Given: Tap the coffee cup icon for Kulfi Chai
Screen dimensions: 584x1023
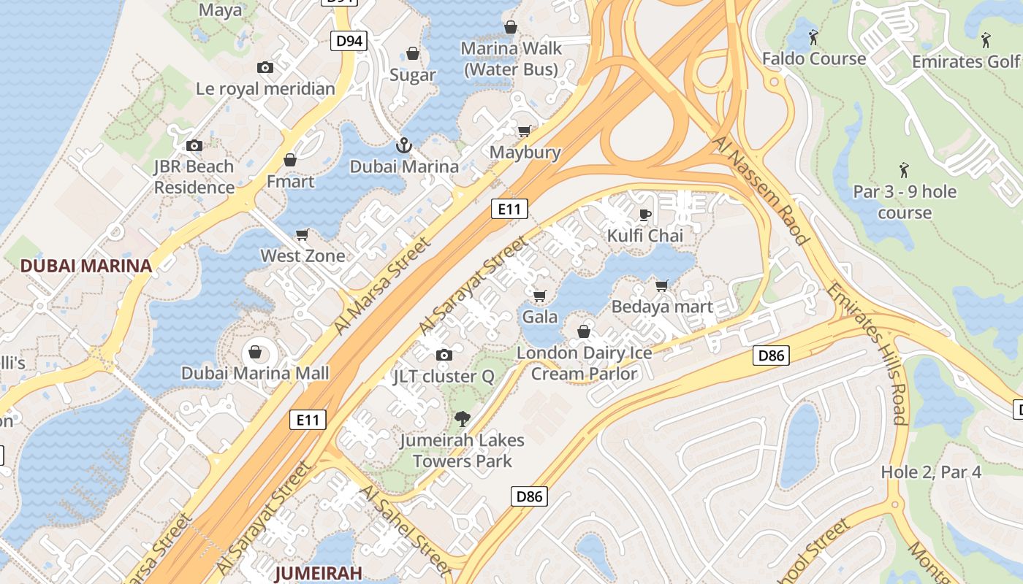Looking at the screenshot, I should point(644,215).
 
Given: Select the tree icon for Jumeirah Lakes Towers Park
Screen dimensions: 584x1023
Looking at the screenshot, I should point(462,419).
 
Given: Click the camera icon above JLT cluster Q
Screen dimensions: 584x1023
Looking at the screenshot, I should point(444,356).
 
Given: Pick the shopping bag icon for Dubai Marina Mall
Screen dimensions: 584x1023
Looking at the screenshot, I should point(255,353).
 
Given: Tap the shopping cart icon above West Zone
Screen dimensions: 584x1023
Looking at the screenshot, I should point(303,235).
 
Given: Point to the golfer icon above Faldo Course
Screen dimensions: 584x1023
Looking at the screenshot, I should point(813,36).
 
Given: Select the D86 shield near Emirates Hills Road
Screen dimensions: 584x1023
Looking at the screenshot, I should point(771,356).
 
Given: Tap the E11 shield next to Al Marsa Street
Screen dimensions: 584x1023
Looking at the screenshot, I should point(509,210).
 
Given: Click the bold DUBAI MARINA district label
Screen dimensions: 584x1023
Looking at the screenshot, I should point(86,266).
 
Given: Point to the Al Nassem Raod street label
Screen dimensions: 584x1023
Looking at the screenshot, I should point(762,190).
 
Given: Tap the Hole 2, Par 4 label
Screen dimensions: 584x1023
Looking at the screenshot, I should point(931,472).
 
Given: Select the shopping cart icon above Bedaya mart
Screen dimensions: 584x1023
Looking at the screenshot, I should point(662,285).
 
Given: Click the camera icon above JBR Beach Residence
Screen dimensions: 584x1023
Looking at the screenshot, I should point(194,146).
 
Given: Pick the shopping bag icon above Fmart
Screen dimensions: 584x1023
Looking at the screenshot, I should point(290,160).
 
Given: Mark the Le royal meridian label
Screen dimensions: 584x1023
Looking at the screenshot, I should point(265,89).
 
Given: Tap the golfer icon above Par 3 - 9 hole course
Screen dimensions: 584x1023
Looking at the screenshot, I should point(904,170).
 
